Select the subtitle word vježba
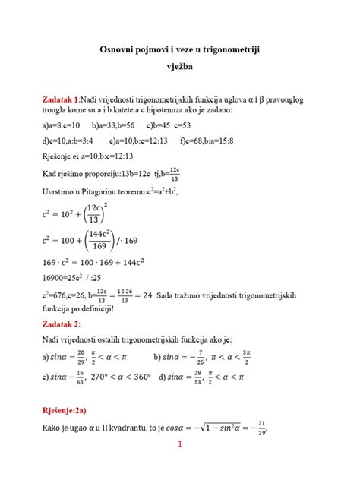[180, 65]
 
